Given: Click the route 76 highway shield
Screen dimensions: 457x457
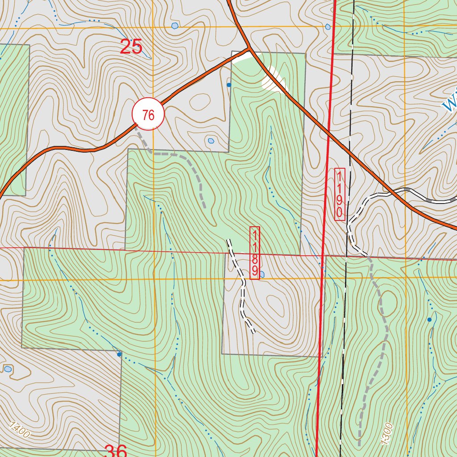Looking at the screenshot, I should point(148,115).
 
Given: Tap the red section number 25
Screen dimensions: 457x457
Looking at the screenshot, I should point(131,47).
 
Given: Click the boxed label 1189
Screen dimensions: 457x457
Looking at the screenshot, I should point(255,253).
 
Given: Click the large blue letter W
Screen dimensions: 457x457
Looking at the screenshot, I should point(450,104).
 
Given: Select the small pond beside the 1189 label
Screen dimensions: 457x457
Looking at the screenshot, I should point(262,274).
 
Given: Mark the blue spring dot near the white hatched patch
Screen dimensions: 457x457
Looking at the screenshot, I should point(229,84).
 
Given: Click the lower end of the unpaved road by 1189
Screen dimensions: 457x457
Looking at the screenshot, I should point(253,332).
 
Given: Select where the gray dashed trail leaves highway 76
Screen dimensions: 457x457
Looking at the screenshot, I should point(138,130).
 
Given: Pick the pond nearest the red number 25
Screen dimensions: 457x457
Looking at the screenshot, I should point(174,26).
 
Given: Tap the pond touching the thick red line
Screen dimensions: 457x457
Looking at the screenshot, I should point(328,27).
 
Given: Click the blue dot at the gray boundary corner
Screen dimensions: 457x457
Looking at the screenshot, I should point(119,354).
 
